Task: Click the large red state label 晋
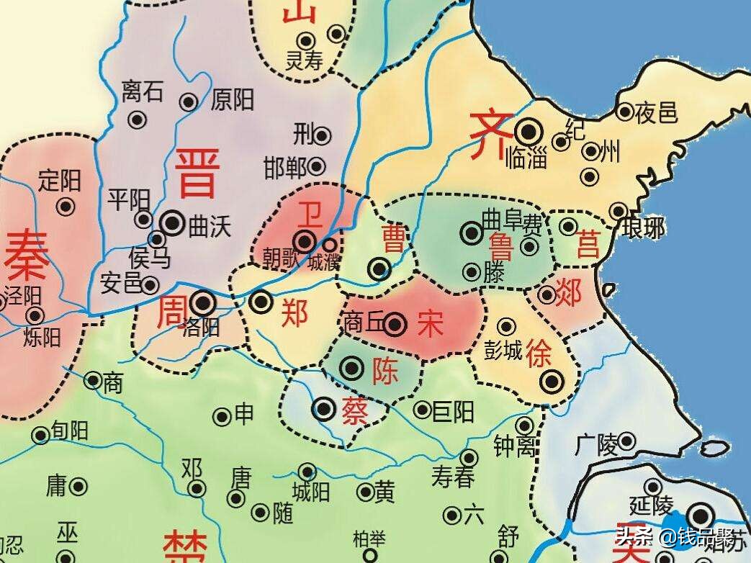[196, 173]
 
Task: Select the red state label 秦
[27, 257]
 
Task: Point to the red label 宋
[431, 325]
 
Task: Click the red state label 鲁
[501, 247]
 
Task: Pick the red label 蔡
[356, 412]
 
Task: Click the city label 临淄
[527, 156]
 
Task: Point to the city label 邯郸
[285, 168]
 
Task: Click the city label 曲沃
[210, 227]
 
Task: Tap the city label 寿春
[453, 477]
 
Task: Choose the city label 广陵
[597, 445]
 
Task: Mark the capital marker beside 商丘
[395, 325]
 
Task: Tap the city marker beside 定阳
[66, 207]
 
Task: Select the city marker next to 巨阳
[422, 410]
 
